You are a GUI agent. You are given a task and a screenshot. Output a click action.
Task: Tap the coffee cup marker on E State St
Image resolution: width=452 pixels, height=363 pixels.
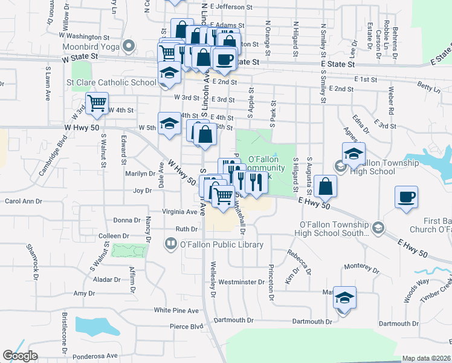[224, 60]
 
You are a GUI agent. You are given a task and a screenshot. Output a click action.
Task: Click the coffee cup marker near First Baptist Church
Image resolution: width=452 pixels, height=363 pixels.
[407, 197]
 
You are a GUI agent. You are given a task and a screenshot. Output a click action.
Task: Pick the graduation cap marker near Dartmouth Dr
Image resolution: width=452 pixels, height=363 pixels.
[344, 298]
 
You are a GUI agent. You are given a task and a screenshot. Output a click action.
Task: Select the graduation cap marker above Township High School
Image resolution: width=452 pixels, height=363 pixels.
[354, 154]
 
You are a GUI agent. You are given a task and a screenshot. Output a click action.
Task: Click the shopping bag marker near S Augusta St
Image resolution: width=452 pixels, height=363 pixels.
[325, 186]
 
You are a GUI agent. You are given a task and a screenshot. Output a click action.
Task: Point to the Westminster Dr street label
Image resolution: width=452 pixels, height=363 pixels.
[242, 282]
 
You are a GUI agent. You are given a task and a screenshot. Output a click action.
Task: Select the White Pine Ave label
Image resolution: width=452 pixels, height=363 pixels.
[176, 310]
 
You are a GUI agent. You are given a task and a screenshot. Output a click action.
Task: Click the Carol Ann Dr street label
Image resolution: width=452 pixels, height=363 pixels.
[22, 201]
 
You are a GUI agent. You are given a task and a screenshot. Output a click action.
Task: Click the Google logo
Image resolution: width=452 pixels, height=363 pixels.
[20, 355]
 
